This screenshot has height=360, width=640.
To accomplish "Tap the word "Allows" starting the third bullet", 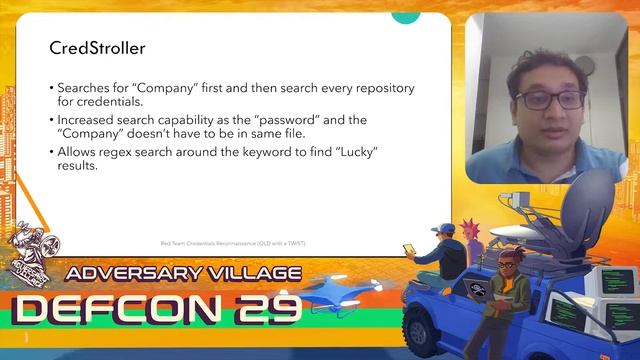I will click(76, 150).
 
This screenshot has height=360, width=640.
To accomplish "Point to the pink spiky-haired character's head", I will click(474, 224).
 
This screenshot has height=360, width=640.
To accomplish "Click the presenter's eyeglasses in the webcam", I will click(549, 99).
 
